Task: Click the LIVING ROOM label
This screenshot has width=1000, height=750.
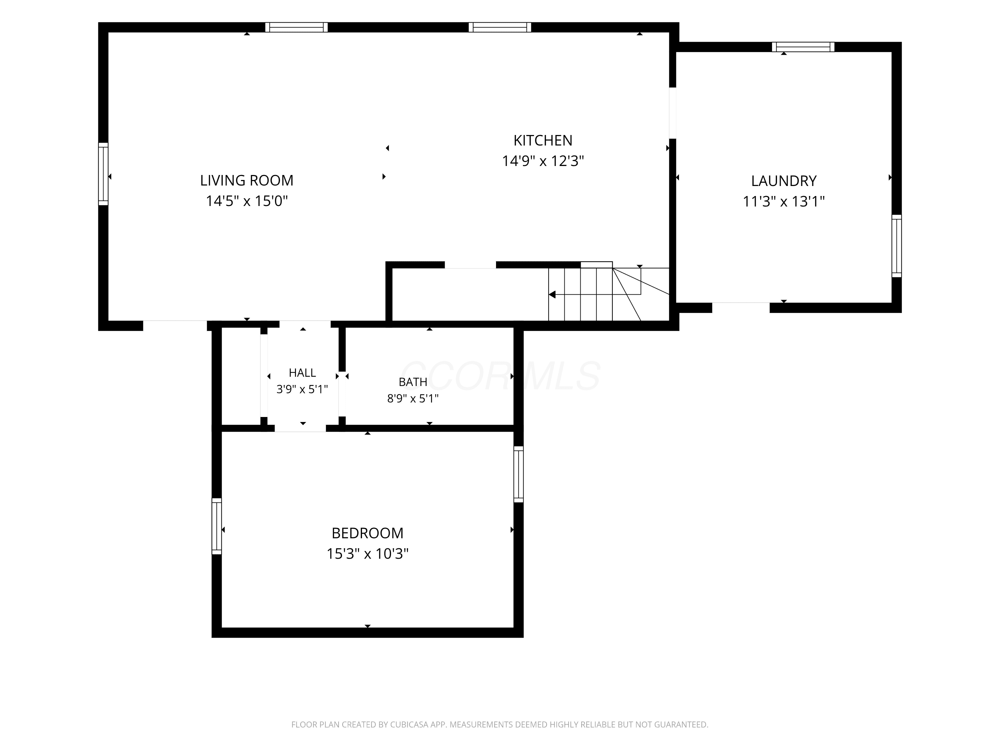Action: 247,180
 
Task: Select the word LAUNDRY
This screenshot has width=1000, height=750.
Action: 784,181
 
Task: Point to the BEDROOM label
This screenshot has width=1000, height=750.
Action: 368,533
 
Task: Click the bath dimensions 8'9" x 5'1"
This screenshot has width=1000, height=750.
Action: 413,398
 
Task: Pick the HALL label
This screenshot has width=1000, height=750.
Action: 302,373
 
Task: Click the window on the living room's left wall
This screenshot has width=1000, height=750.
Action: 103,174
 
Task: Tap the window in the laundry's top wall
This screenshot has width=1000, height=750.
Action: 803,47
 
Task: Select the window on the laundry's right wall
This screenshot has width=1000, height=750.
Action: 896,246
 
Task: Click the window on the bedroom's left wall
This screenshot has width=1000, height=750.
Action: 217,526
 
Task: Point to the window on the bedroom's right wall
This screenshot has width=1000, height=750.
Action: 519,474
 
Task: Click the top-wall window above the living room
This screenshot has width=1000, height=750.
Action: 296,27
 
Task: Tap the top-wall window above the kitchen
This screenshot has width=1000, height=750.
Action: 500,27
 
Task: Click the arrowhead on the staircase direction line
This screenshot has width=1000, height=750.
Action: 552,295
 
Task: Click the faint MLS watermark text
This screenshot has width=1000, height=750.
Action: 500,376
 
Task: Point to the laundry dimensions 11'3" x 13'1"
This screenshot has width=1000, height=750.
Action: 784,201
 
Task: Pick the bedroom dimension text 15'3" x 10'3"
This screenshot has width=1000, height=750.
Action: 368,553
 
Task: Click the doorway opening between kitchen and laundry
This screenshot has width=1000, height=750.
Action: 673,113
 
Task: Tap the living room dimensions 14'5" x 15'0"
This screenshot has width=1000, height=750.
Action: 247,201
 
